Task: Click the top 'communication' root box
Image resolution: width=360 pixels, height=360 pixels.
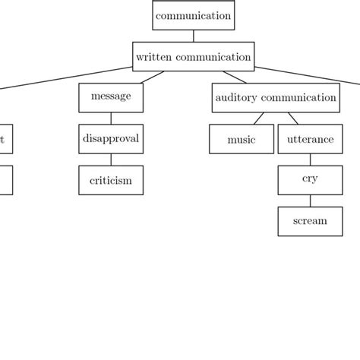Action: tap(193, 15)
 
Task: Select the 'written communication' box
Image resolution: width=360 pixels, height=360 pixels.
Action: tap(193, 56)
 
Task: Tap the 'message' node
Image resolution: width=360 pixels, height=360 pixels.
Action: tap(111, 97)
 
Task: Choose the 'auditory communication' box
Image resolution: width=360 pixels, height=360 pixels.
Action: tap(276, 98)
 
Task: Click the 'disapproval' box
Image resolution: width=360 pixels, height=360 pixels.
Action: tap(111, 139)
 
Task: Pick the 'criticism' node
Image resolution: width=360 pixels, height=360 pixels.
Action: tap(111, 181)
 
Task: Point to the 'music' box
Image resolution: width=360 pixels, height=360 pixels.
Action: tap(242, 140)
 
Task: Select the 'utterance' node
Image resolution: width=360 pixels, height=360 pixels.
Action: tap(310, 140)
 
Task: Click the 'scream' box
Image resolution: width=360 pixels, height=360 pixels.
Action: tap(310, 221)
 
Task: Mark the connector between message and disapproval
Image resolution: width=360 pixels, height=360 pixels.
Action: tap(111, 118)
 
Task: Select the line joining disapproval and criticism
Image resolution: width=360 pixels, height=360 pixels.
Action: tap(111, 159)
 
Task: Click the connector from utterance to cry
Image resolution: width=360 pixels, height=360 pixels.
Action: tap(310, 159)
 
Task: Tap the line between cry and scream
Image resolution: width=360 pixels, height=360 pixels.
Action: tap(310, 201)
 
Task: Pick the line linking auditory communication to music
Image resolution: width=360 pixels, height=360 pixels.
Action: tap(259, 118)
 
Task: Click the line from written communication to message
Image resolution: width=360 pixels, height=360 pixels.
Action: tap(153, 77)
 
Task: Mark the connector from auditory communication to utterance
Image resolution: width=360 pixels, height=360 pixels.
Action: tap(292, 118)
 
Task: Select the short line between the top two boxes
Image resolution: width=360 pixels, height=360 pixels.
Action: tap(193, 36)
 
